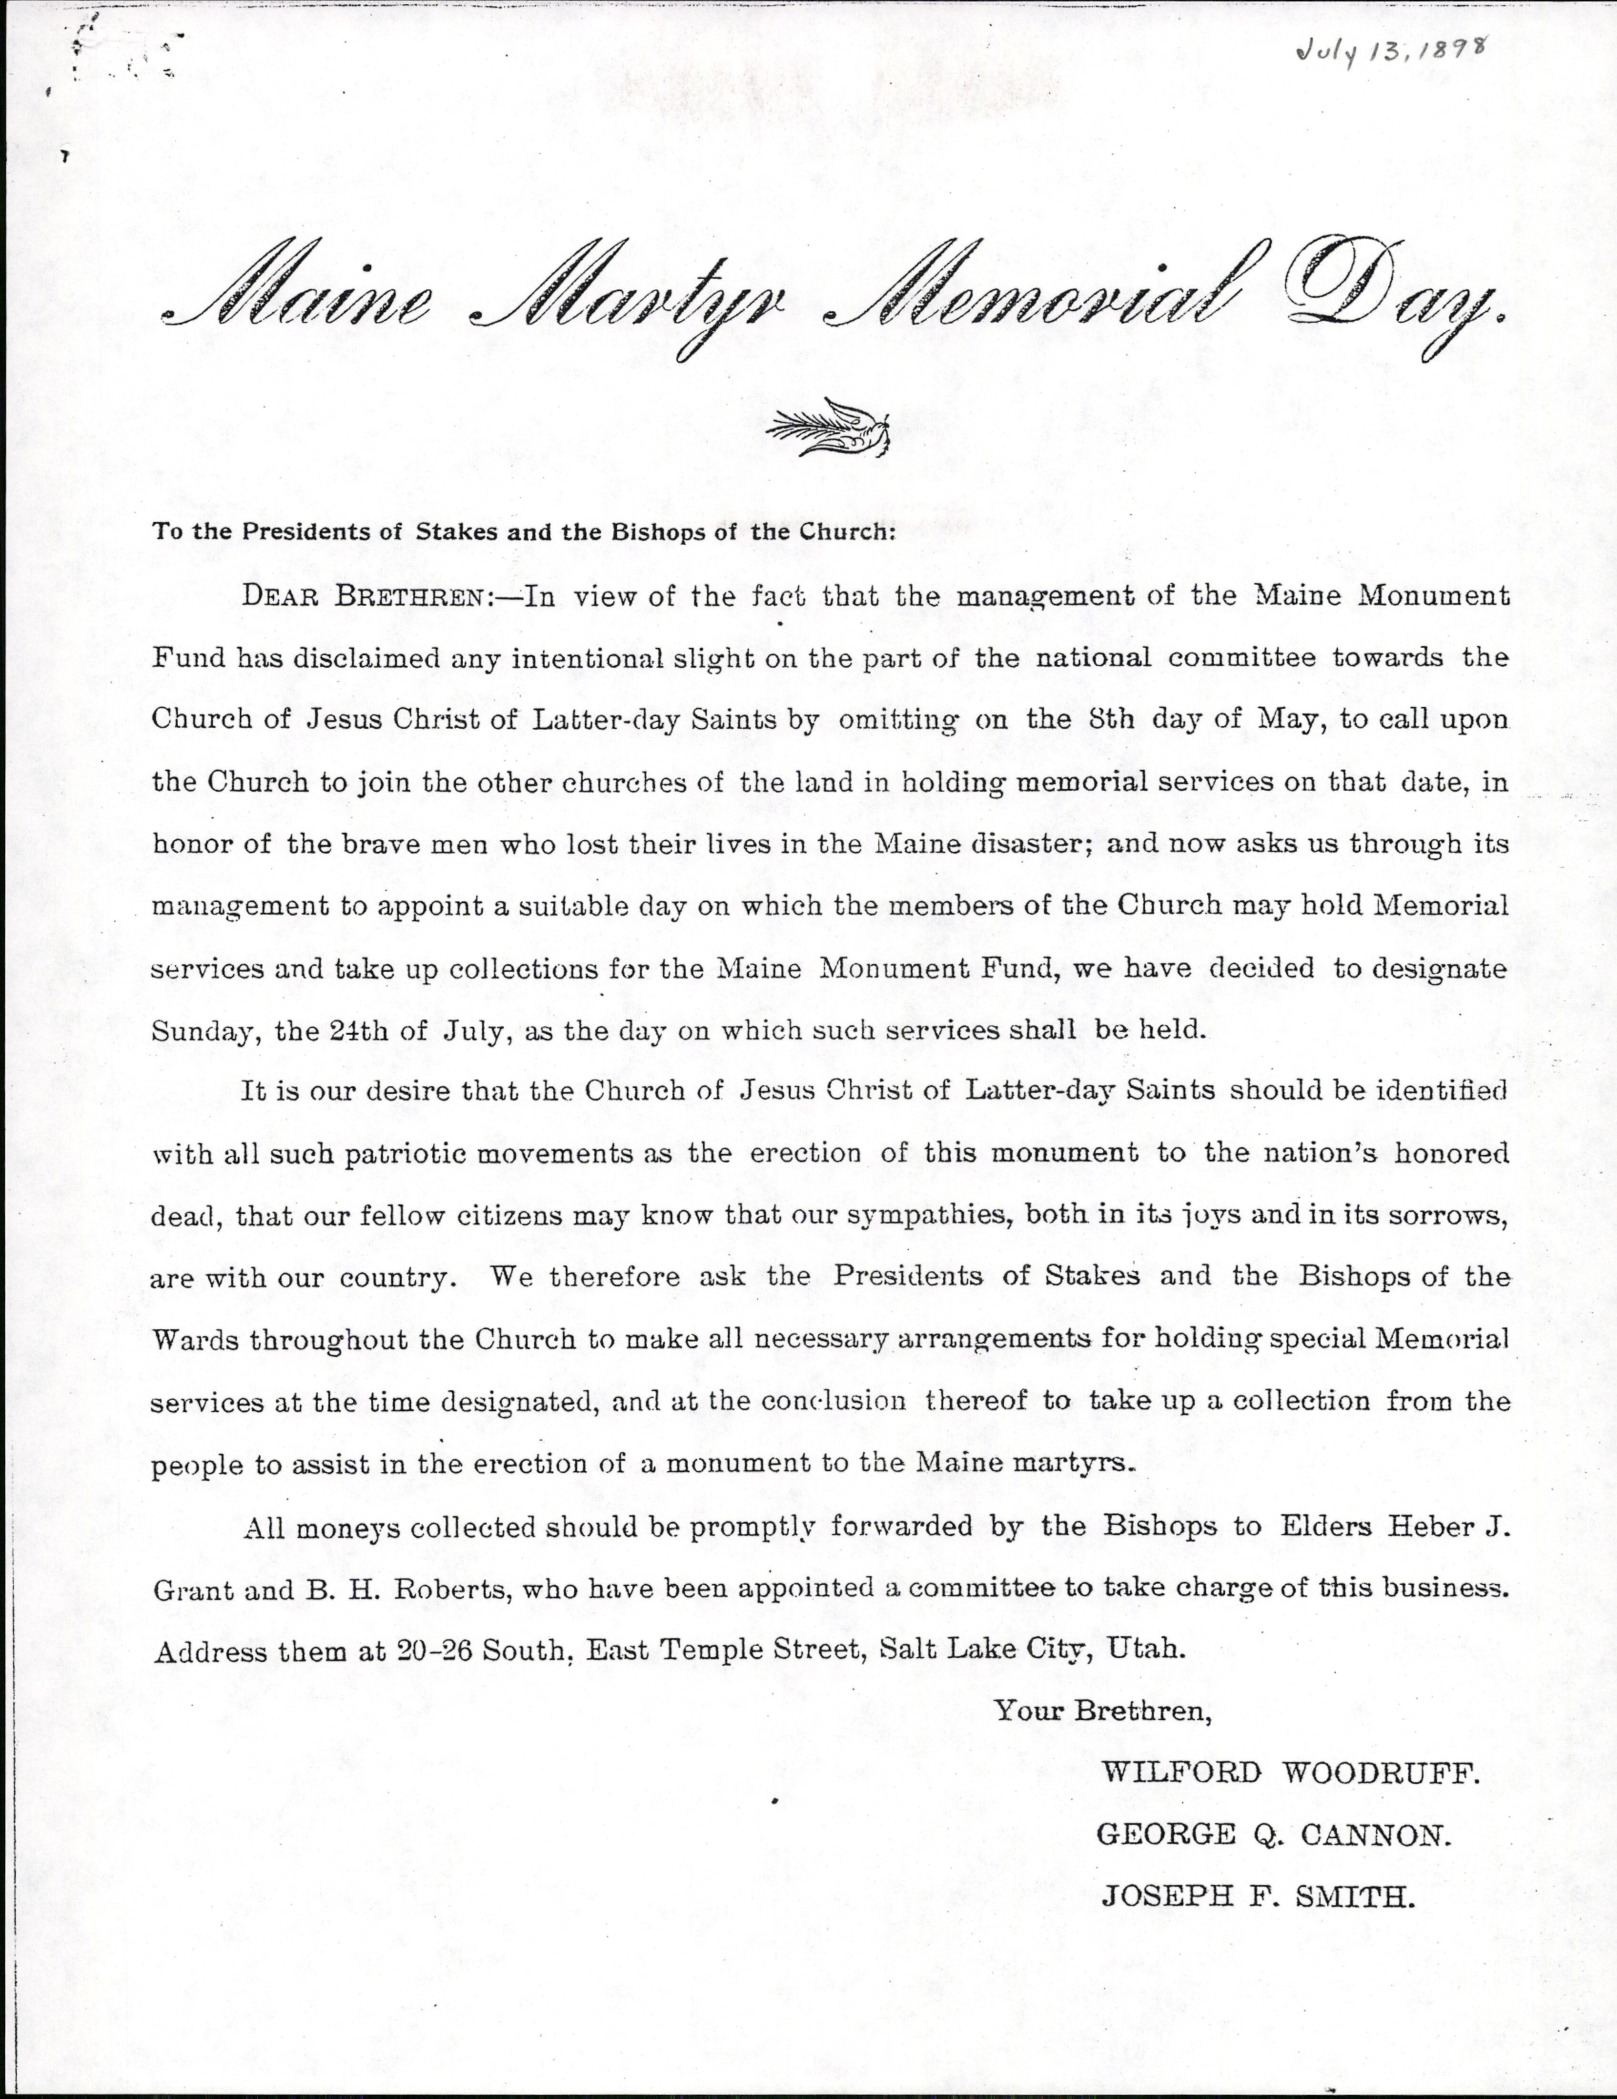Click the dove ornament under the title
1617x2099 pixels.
pos(828,428)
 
